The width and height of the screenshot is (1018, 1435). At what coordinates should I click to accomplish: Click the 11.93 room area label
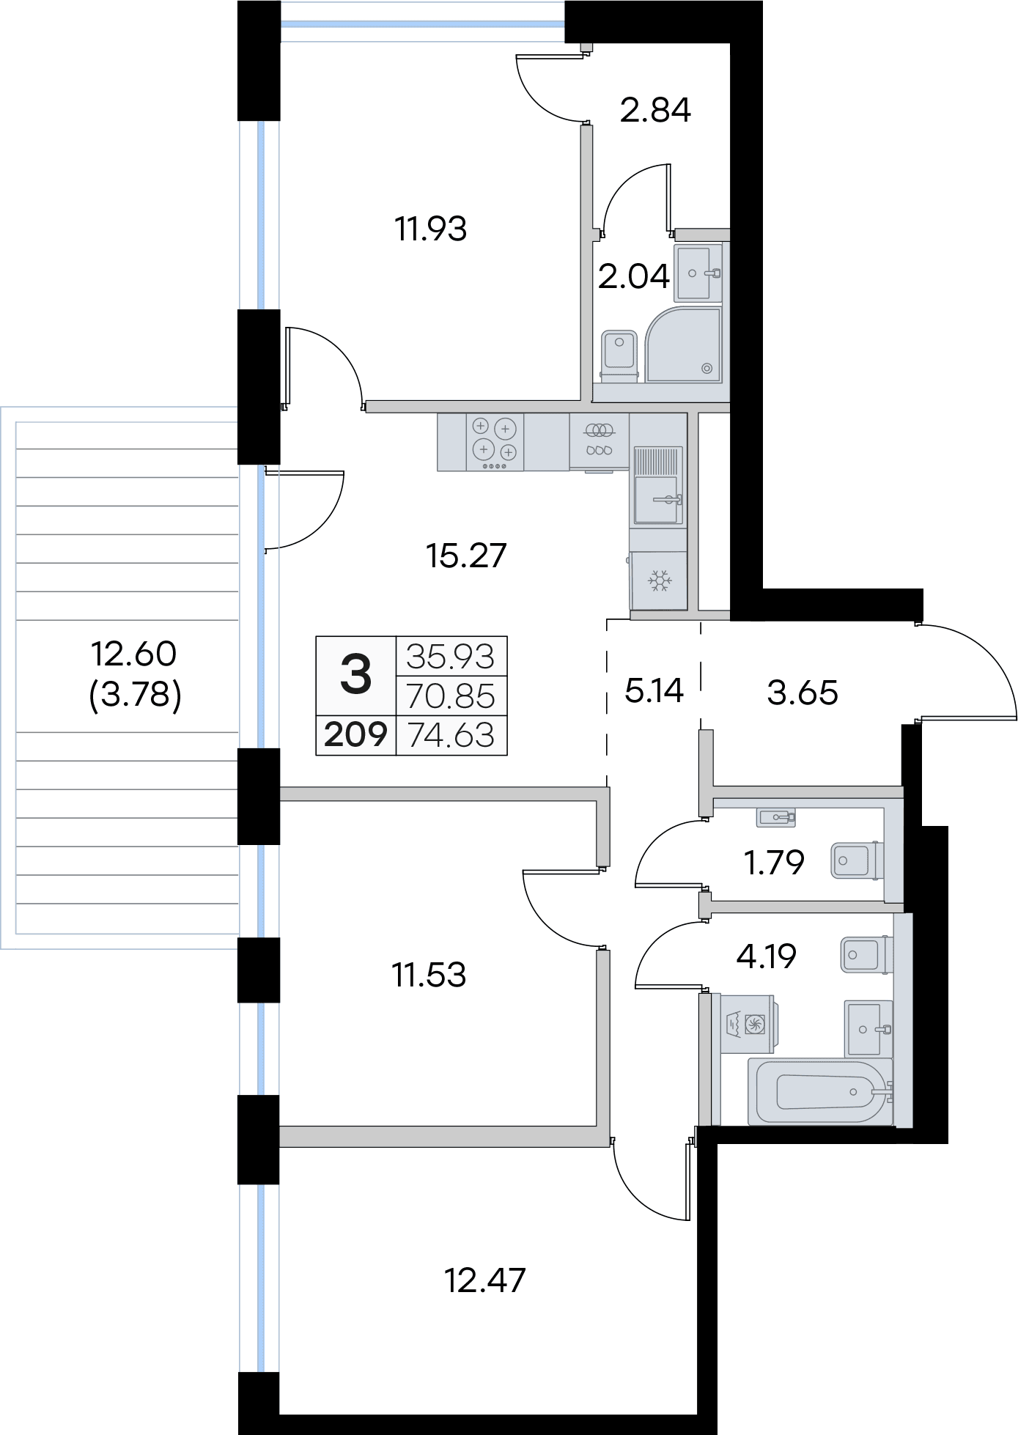(431, 229)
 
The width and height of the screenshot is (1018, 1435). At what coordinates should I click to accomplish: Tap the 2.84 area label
(655, 110)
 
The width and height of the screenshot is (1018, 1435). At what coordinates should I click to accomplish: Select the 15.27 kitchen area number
(466, 556)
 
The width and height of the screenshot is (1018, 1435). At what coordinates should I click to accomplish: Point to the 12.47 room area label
(485, 1280)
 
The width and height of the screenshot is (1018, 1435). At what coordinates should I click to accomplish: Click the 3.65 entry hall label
(803, 693)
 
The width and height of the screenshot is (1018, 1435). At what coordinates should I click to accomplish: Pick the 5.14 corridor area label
(654, 690)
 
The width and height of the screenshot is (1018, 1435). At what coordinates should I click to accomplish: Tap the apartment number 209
(355, 734)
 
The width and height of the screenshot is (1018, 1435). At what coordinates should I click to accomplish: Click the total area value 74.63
(451, 735)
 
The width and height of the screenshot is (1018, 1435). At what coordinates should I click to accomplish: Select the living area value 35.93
(451, 657)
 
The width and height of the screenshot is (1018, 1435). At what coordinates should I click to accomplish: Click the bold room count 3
(356, 675)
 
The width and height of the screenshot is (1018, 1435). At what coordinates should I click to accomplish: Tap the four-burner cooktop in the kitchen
(495, 442)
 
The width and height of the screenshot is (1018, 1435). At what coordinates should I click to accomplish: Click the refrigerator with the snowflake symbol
(659, 580)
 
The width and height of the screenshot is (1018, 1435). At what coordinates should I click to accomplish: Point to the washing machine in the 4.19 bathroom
(749, 1024)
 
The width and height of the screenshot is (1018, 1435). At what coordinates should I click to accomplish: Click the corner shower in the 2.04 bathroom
(684, 344)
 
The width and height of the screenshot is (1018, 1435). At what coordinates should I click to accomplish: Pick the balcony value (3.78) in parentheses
(135, 694)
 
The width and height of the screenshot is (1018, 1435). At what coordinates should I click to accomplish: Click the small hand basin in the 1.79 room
(776, 816)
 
